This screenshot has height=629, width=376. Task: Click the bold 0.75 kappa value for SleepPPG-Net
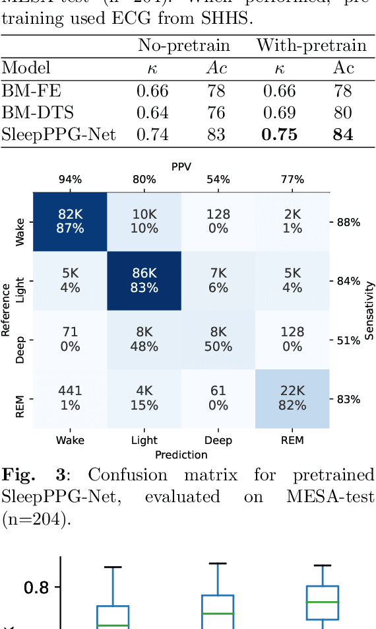point(279,135)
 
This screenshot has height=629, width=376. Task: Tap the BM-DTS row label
point(30,113)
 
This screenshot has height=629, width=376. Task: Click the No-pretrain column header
point(183,46)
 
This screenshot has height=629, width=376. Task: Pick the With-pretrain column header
point(311,46)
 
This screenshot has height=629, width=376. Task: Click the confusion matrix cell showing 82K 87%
point(70,221)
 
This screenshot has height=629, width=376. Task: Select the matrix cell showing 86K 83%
point(144,281)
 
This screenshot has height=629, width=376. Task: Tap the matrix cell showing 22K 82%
point(292,399)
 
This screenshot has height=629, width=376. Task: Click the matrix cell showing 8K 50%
point(218,340)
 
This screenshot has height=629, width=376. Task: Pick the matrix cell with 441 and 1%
point(70,399)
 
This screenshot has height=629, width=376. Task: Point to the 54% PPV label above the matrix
point(218,179)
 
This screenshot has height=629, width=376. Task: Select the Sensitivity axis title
point(369,311)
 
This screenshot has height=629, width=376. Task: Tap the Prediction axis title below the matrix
point(181,455)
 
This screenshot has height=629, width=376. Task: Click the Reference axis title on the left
point(7,311)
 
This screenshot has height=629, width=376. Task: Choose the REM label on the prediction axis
point(292,440)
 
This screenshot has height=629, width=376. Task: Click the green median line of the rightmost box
point(322,602)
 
